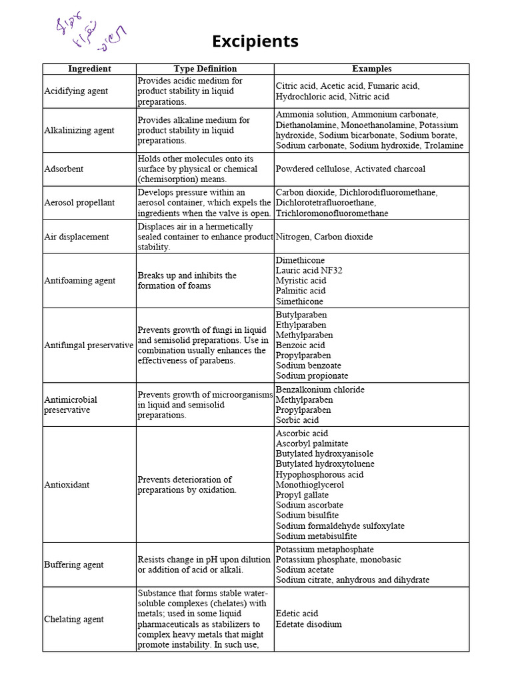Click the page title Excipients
click(255, 42)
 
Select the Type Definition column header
click(205, 69)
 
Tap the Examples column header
click(371, 69)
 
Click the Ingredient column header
click(89, 69)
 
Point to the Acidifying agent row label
click(75, 91)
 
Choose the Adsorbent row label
click(63, 169)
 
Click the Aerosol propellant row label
click(79, 202)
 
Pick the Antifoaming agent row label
click(79, 280)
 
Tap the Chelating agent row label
click(73, 619)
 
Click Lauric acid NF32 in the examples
click(309, 270)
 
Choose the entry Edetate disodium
click(309, 624)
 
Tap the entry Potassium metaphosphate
click(325, 550)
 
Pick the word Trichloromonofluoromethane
click(332, 213)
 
